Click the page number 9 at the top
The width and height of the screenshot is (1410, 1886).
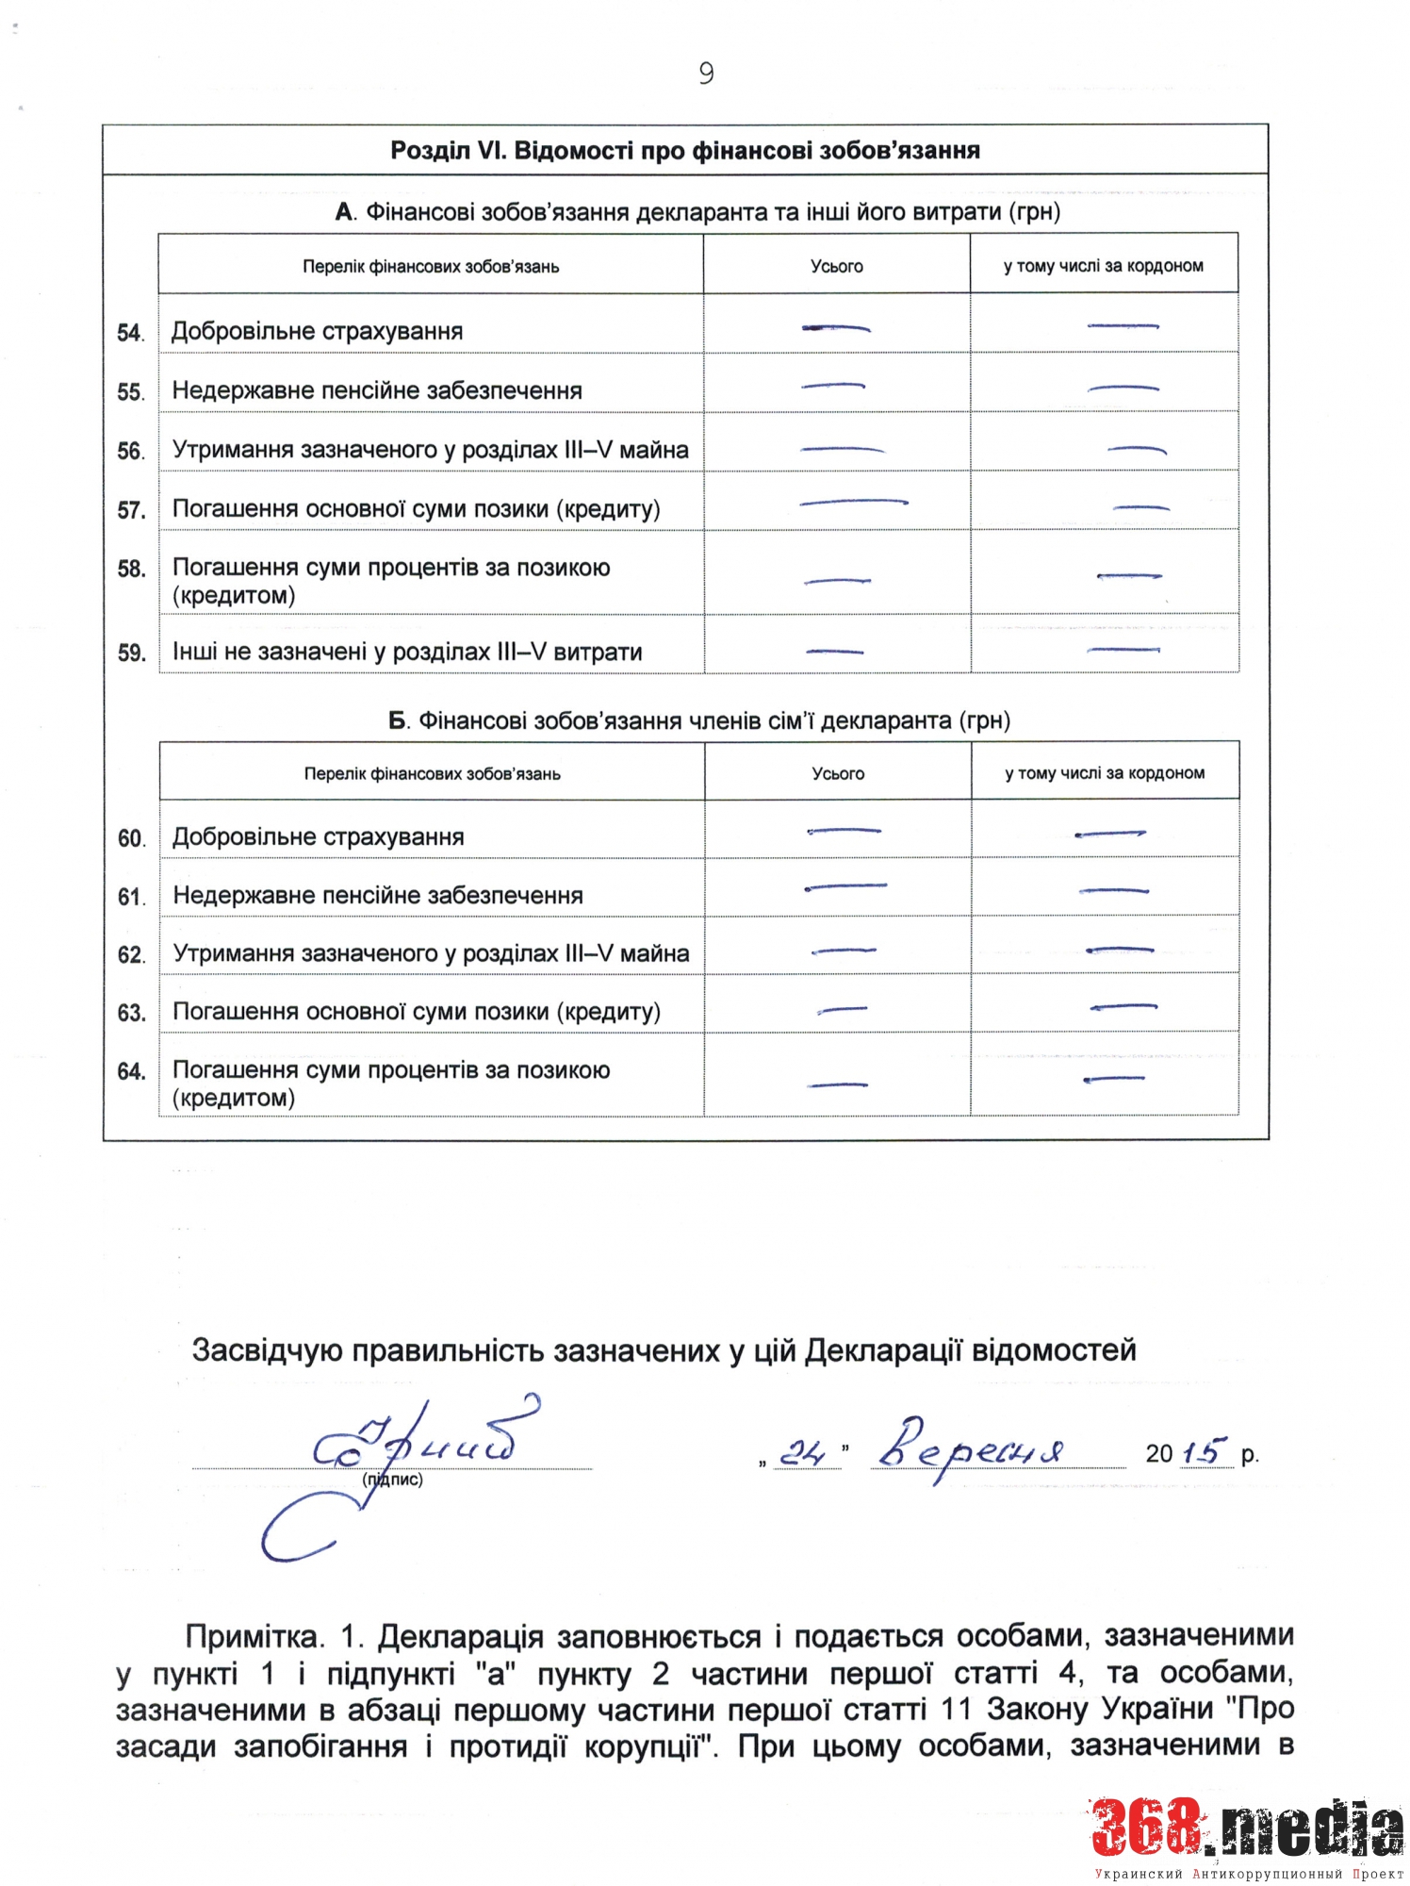pyautogui.click(x=706, y=74)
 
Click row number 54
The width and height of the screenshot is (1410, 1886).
pyautogui.click(x=130, y=333)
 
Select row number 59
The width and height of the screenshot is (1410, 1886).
pyautogui.click(x=131, y=653)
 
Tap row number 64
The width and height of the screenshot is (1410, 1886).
pyautogui.click(x=131, y=1071)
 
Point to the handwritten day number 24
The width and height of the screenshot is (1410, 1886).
pyautogui.click(x=803, y=1453)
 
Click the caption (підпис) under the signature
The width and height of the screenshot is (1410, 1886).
pyautogui.click(x=392, y=1480)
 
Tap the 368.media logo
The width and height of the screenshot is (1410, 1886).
pyautogui.click(x=1246, y=1829)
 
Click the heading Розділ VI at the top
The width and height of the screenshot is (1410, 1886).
pyautogui.click(x=684, y=151)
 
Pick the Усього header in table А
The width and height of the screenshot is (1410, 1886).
pyautogui.click(x=836, y=267)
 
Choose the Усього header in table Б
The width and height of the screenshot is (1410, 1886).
pyautogui.click(x=838, y=773)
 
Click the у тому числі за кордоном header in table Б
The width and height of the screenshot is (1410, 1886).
pyautogui.click(x=1104, y=773)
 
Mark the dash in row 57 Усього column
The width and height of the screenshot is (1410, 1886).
pyautogui.click(x=853, y=503)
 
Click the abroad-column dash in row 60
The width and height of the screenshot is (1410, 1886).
pyautogui.click(x=1109, y=834)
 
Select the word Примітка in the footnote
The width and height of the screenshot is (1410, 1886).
pyautogui.click(x=253, y=1636)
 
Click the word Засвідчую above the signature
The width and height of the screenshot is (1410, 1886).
pyautogui.click(x=267, y=1350)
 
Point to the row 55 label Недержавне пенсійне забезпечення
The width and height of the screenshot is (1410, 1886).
pyautogui.click(x=377, y=390)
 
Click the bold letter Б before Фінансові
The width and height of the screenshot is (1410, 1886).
pyautogui.click(x=398, y=721)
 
